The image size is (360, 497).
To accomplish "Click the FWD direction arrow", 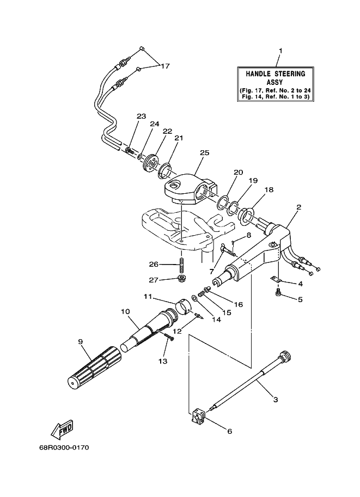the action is tap(62, 430).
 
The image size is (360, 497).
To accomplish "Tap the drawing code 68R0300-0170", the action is tap(64, 447).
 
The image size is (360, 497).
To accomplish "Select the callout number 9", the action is tap(80, 341).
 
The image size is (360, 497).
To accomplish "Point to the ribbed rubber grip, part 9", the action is tap(95, 367).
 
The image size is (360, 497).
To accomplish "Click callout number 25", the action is tap(205, 153).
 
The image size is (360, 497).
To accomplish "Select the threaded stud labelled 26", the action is tap(182, 265).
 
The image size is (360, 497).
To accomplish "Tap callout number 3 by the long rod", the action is tap(276, 400).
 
